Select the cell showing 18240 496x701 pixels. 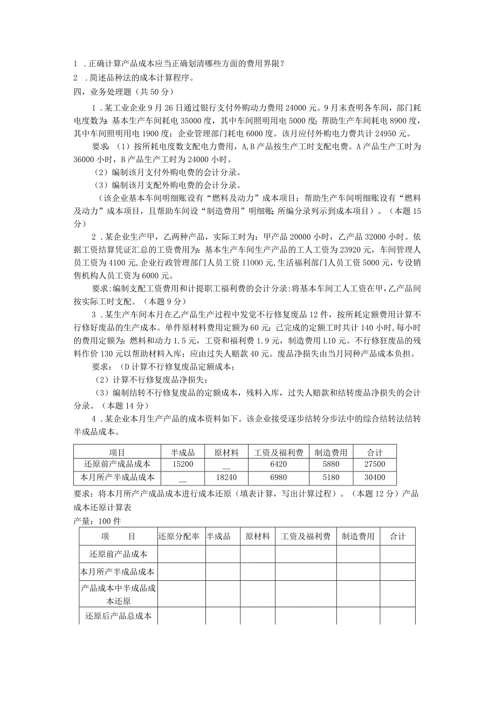click(x=226, y=477)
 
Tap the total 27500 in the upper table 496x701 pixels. click(x=375, y=464)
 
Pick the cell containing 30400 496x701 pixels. click(x=375, y=477)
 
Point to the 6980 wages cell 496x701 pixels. click(x=278, y=477)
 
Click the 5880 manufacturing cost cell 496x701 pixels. click(x=331, y=464)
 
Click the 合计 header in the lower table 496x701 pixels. click(x=397, y=536)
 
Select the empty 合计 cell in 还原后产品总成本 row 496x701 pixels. click(x=397, y=615)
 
